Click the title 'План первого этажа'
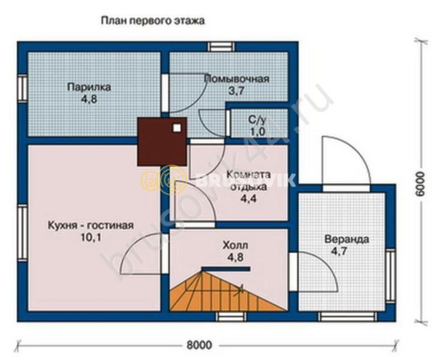tap(152, 21)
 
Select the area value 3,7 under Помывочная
tap(236, 91)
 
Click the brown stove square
tap(162, 140)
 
